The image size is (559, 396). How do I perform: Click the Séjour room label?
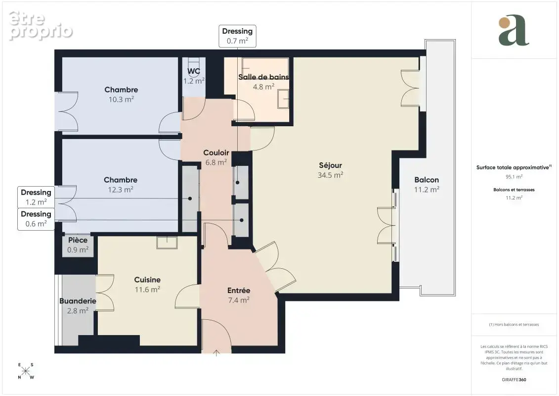click(330, 165)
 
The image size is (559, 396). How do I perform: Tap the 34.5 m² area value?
click(330, 175)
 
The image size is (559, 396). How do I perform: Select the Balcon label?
click(427, 180)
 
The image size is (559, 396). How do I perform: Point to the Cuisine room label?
click(147, 280)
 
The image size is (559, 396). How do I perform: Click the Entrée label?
click(239, 291)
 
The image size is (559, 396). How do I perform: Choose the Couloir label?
click(216, 153)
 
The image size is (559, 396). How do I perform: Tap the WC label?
click(194, 71)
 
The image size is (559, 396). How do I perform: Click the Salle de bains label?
click(263, 77)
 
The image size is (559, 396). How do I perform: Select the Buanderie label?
click(78, 301)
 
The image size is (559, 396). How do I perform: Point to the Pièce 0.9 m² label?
click(78, 245)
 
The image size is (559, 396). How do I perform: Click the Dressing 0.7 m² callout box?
click(237, 36)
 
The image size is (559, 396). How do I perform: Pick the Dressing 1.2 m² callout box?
click(36, 197)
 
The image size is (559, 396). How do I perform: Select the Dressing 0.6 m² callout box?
click(36, 219)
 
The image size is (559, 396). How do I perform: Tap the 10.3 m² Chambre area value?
click(121, 99)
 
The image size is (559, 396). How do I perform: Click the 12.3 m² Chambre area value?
click(121, 190)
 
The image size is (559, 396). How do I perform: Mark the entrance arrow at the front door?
click(216, 353)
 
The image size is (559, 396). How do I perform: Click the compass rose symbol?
click(26, 371)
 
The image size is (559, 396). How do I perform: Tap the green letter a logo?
click(514, 30)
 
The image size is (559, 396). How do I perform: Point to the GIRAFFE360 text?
click(514, 380)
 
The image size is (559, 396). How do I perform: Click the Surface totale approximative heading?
click(514, 167)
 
